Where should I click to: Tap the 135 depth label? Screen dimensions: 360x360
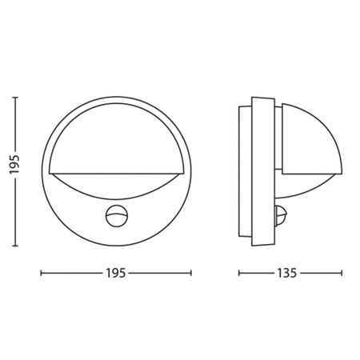click(x=290, y=274)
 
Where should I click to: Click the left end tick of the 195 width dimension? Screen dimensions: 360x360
click(x=42, y=274)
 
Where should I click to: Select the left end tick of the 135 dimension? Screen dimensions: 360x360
click(x=240, y=274)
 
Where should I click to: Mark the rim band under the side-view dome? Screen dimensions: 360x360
click(x=313, y=177)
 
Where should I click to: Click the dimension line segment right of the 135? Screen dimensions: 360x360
click(x=323, y=274)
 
